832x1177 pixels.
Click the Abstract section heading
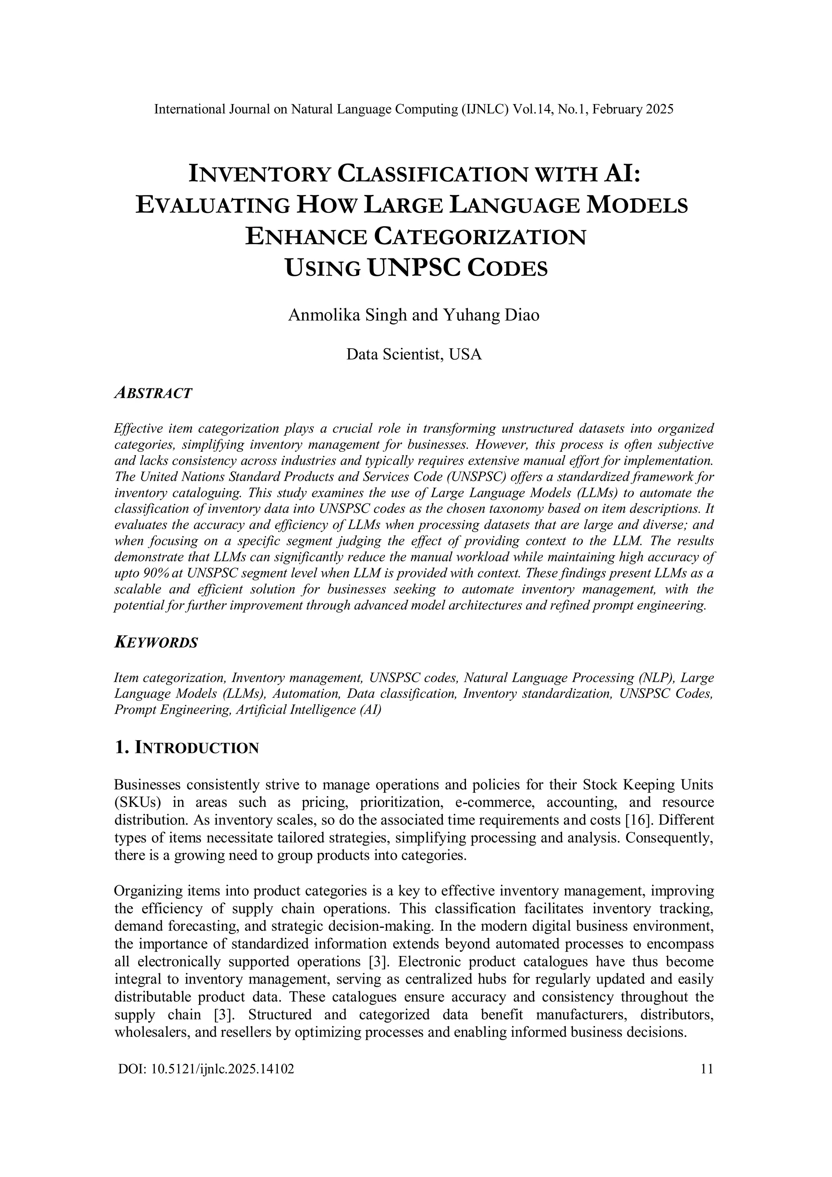pyautogui.click(x=153, y=393)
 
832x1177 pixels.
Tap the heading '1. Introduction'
pyautogui.click(x=186, y=748)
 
